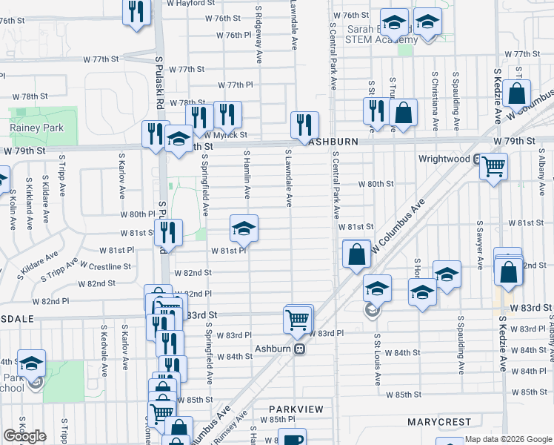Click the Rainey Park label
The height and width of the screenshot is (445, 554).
point(36,128)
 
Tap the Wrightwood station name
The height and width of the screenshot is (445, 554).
point(444,159)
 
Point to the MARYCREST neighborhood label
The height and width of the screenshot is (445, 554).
point(438,422)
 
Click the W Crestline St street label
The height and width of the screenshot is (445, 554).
point(106,266)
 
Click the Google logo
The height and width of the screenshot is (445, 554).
point(24,436)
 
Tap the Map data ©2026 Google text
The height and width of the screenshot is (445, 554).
point(508,439)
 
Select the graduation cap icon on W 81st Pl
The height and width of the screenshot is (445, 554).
point(244,228)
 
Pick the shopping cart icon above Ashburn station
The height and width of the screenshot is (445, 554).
point(297,319)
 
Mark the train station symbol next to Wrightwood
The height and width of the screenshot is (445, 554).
point(480,159)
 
